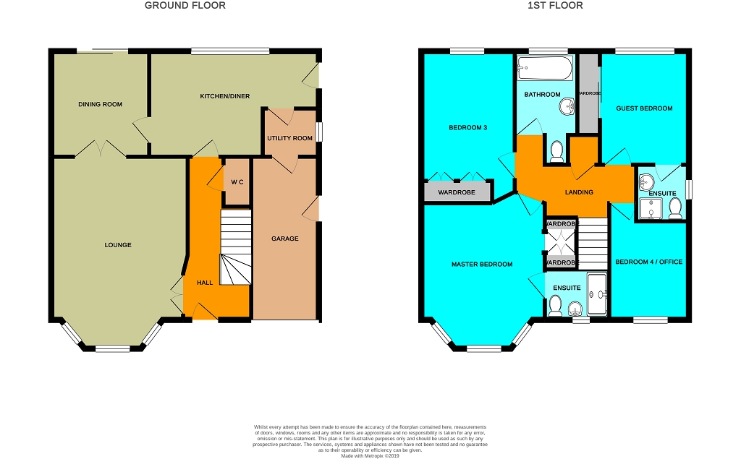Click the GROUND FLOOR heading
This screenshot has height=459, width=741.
click(185, 6)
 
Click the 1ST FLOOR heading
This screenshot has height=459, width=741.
click(555, 6)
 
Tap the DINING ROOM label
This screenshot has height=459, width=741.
click(101, 105)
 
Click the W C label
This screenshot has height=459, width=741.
click(237, 181)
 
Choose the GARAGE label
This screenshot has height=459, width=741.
click(284, 239)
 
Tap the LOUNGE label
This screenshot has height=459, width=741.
click(118, 245)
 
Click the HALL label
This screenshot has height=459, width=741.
click(205, 283)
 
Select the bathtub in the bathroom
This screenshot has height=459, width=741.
click(544, 69)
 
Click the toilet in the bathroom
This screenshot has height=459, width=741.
click(556, 151)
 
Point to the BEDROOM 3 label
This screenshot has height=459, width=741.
click(468, 128)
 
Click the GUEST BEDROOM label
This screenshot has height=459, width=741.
click(644, 108)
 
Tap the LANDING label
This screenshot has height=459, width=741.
click(579, 192)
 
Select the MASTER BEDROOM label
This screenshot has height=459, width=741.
click(482, 265)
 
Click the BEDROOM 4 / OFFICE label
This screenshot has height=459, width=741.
click(648, 262)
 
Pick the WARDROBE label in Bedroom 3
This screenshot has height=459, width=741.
click(457, 192)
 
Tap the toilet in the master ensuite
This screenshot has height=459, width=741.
click(556, 308)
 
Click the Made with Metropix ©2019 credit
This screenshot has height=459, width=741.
click(370, 455)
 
